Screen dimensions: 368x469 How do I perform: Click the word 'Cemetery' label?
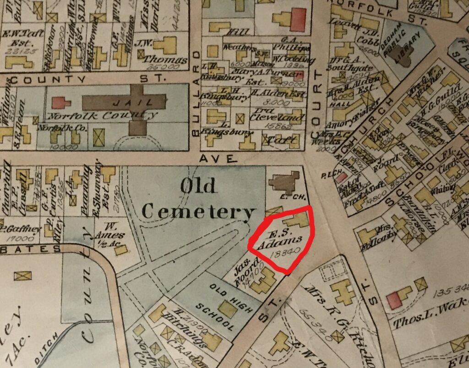(198, 211)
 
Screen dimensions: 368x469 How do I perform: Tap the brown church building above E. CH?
(284, 183)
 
